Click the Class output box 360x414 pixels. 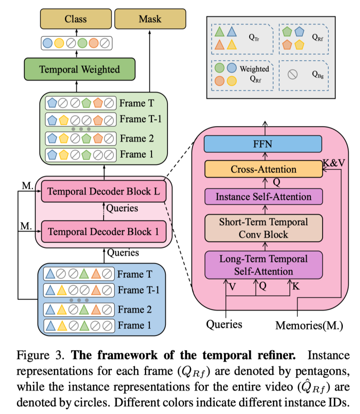76,19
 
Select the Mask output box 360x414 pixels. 150,19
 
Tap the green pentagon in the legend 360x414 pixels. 288,31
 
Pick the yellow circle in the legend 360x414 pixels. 232,81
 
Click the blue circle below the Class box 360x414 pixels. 48,43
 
